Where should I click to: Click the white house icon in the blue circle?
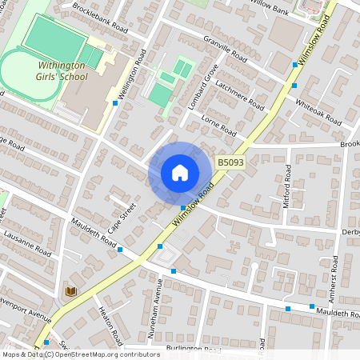[180, 172]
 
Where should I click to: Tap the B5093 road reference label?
[230, 162]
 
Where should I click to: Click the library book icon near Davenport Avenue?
[70, 290]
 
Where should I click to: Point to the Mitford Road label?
[289, 186]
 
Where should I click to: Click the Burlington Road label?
[193, 350]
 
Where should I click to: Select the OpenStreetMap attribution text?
[104, 354]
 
